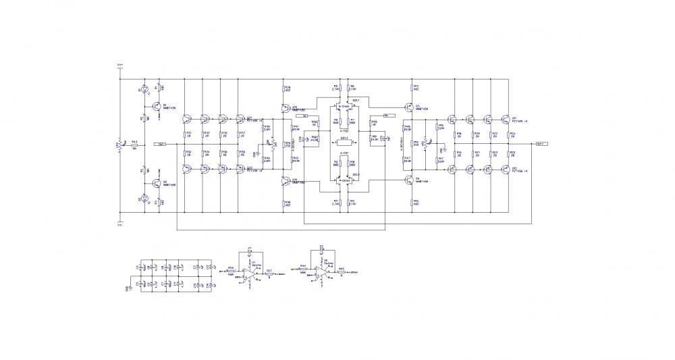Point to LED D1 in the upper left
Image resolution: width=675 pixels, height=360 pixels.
click(x=142, y=90)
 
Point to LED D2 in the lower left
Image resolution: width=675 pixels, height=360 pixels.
click(x=142, y=198)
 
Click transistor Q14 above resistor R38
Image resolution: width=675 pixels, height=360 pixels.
click(x=286, y=180)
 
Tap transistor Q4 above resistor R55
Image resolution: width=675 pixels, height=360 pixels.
click(x=410, y=180)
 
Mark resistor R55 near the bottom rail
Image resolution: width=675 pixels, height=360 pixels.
click(x=411, y=201)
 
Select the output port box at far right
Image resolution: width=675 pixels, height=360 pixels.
click(x=541, y=144)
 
